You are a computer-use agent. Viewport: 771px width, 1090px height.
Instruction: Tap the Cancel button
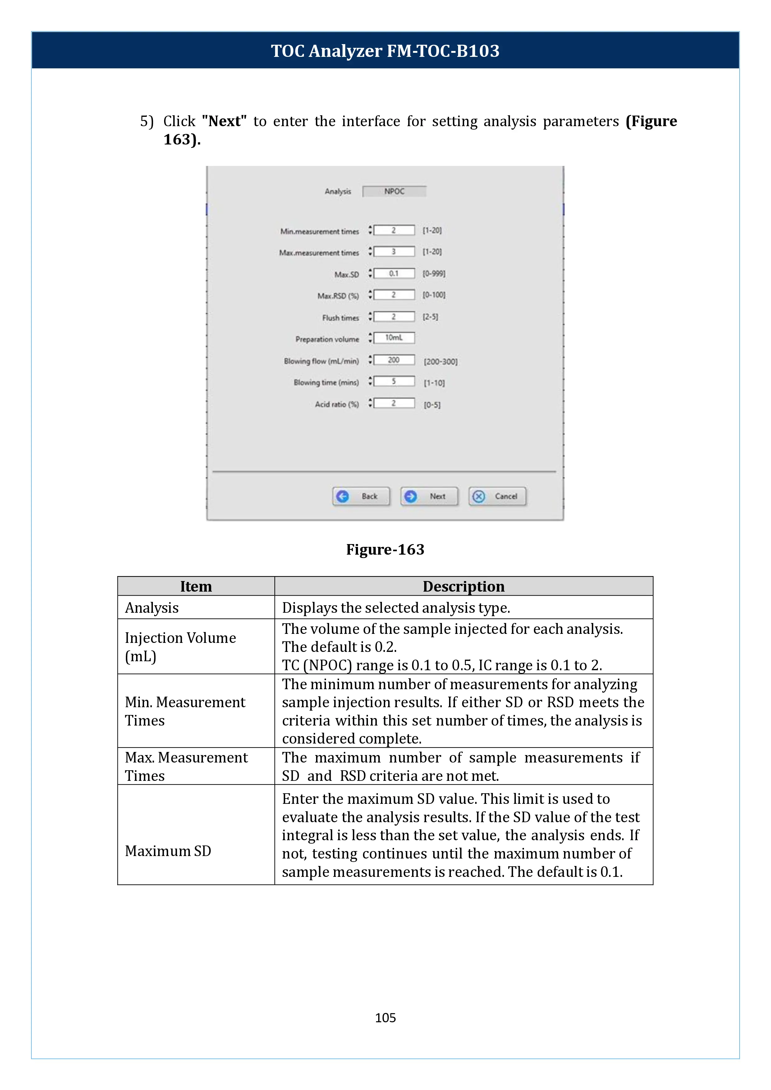pos(497,496)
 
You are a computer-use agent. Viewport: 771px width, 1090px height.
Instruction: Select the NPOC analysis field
pos(394,191)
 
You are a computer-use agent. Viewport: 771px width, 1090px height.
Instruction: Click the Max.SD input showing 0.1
pos(394,273)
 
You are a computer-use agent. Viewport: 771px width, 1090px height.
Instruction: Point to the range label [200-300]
pos(441,362)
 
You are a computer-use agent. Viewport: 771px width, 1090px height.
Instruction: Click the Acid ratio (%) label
pos(337,405)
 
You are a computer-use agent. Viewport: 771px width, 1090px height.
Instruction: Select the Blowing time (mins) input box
pos(394,381)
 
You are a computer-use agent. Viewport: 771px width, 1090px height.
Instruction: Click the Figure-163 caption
pos(385,549)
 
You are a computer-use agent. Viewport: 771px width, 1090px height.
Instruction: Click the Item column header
pos(195,586)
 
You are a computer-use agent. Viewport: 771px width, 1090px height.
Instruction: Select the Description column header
pos(463,586)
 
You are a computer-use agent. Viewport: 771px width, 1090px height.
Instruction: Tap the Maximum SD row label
pos(168,851)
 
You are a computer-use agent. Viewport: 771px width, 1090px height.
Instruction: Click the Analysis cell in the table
pos(152,608)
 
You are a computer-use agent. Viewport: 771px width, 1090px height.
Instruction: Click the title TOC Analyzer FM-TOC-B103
pos(385,51)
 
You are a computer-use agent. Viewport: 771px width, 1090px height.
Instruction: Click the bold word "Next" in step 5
pos(224,121)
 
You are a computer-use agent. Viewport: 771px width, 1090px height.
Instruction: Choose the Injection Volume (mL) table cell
pos(181,647)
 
